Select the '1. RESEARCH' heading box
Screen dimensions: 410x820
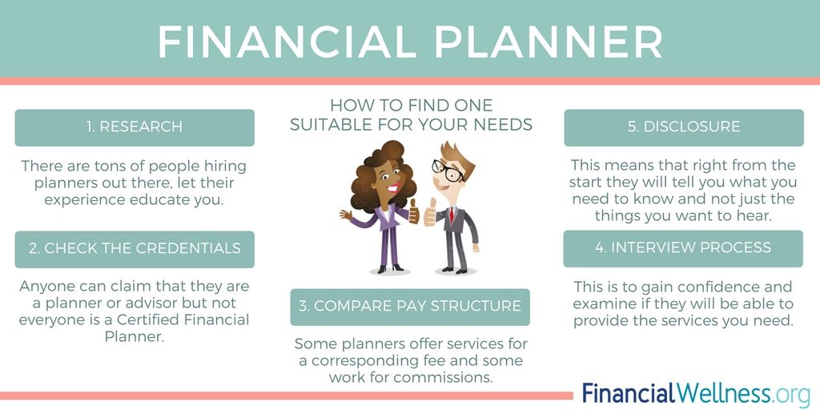point(135,127)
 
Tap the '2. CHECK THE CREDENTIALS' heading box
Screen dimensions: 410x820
point(135,249)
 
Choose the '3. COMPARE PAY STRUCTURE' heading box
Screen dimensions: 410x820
point(410,307)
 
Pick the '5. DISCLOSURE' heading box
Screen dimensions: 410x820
point(683,127)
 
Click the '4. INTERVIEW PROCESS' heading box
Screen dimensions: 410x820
point(683,248)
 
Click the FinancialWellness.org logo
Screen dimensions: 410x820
point(696,394)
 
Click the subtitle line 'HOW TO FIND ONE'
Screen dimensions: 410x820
point(411,106)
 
